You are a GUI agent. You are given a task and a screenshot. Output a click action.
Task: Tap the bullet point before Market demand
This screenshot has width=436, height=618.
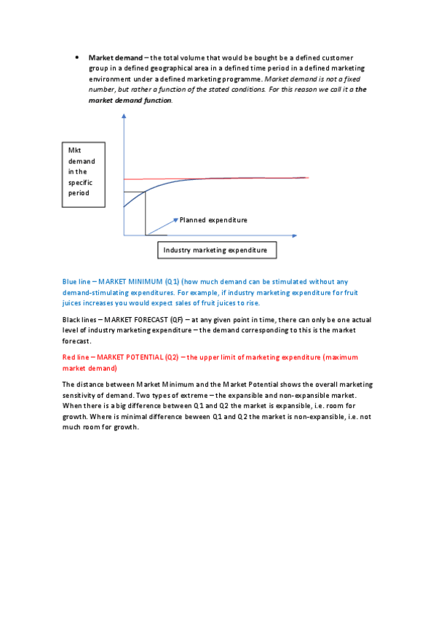(x=76, y=57)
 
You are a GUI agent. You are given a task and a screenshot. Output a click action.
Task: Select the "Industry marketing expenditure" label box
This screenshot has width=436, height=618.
(x=215, y=250)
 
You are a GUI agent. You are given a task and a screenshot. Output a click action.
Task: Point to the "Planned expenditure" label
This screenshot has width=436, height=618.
(x=213, y=219)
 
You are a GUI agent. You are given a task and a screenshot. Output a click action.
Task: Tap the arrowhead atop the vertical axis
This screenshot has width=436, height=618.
(x=124, y=119)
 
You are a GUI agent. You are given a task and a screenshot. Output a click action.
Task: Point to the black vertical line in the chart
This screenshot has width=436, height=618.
(x=146, y=213)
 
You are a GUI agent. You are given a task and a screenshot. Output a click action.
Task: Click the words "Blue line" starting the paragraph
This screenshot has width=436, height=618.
(x=76, y=281)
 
